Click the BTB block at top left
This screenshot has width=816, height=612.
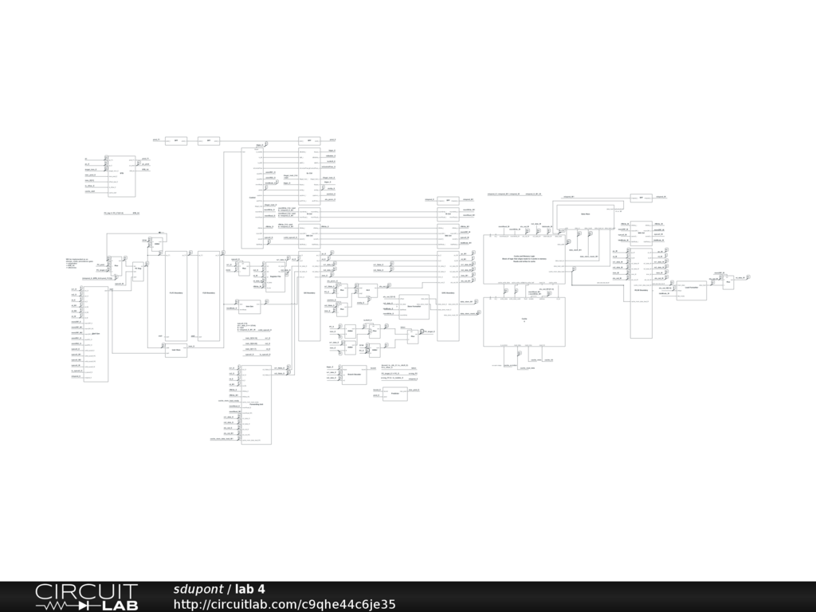click(x=121, y=176)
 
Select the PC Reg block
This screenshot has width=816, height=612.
click(x=137, y=270)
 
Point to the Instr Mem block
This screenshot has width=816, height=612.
click(x=176, y=351)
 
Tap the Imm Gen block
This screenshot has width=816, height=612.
click(x=249, y=305)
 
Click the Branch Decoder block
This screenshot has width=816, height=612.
click(x=354, y=374)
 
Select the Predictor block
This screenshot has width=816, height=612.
click(x=394, y=394)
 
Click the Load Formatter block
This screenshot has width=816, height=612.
click(x=691, y=290)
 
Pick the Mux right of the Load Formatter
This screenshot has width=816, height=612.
click(x=728, y=284)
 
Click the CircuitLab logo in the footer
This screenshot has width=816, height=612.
click(x=86, y=597)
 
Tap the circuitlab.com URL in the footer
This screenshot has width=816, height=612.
click(x=284, y=605)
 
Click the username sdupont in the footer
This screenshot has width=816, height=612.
click(x=198, y=589)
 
